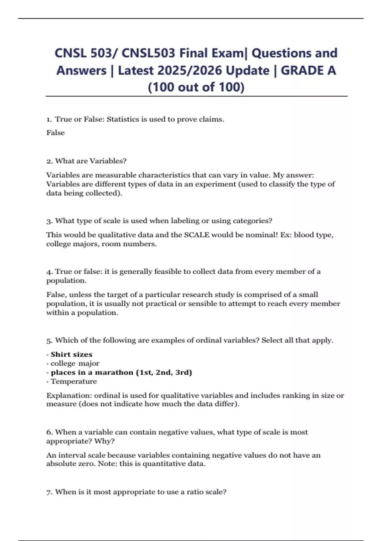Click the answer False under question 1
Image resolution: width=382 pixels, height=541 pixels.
pyautogui.click(x=55, y=133)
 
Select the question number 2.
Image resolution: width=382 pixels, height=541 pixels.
pyautogui.click(x=49, y=161)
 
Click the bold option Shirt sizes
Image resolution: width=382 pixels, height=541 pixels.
pyautogui.click(x=71, y=355)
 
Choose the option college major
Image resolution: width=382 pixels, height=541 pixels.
pyautogui.click(x=75, y=363)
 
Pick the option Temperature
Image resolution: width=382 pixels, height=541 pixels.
pyautogui.click(x=74, y=381)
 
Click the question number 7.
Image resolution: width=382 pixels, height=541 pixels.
pyautogui.click(x=49, y=492)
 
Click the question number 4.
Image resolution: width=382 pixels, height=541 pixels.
pyautogui.click(x=49, y=271)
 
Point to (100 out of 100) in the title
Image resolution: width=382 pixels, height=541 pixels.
pyautogui.click(x=196, y=87)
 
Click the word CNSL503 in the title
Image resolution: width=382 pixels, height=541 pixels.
pyautogui.click(x=148, y=53)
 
